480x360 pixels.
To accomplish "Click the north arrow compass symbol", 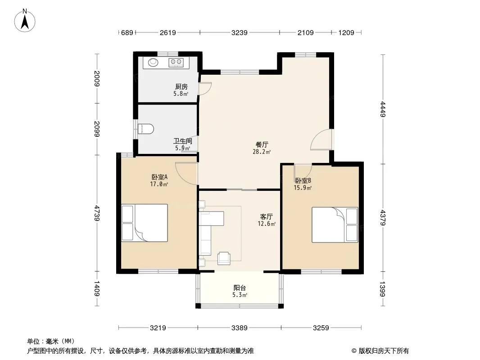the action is (x=25, y=20).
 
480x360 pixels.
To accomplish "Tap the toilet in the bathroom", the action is (x=145, y=129).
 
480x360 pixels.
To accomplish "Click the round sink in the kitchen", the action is (x=153, y=63).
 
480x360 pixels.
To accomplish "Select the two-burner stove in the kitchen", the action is (x=176, y=63).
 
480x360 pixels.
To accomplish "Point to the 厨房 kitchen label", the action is (x=181, y=87).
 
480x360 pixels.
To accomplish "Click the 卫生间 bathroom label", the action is (x=183, y=141).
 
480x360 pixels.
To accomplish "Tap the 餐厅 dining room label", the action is (x=262, y=144).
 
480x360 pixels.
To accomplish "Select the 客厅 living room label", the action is (x=266, y=216).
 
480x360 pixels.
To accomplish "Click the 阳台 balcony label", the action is (x=240, y=288).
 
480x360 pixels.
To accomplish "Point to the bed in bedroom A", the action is (x=145, y=223).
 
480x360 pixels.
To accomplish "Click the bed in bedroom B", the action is (x=335, y=225).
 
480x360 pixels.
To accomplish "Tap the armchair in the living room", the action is (x=224, y=258).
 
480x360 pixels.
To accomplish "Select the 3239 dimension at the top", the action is (x=240, y=32).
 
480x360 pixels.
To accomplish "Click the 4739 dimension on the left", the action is (x=97, y=213).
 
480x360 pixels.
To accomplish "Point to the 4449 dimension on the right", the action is (x=383, y=109).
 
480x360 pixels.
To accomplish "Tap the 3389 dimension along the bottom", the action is (x=240, y=328).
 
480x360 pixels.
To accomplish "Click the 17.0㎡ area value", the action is (x=159, y=184).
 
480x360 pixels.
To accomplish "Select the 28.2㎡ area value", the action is (x=262, y=151).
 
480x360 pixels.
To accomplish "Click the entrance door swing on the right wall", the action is (x=322, y=139).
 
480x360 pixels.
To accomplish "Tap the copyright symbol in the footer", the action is (x=354, y=351).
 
